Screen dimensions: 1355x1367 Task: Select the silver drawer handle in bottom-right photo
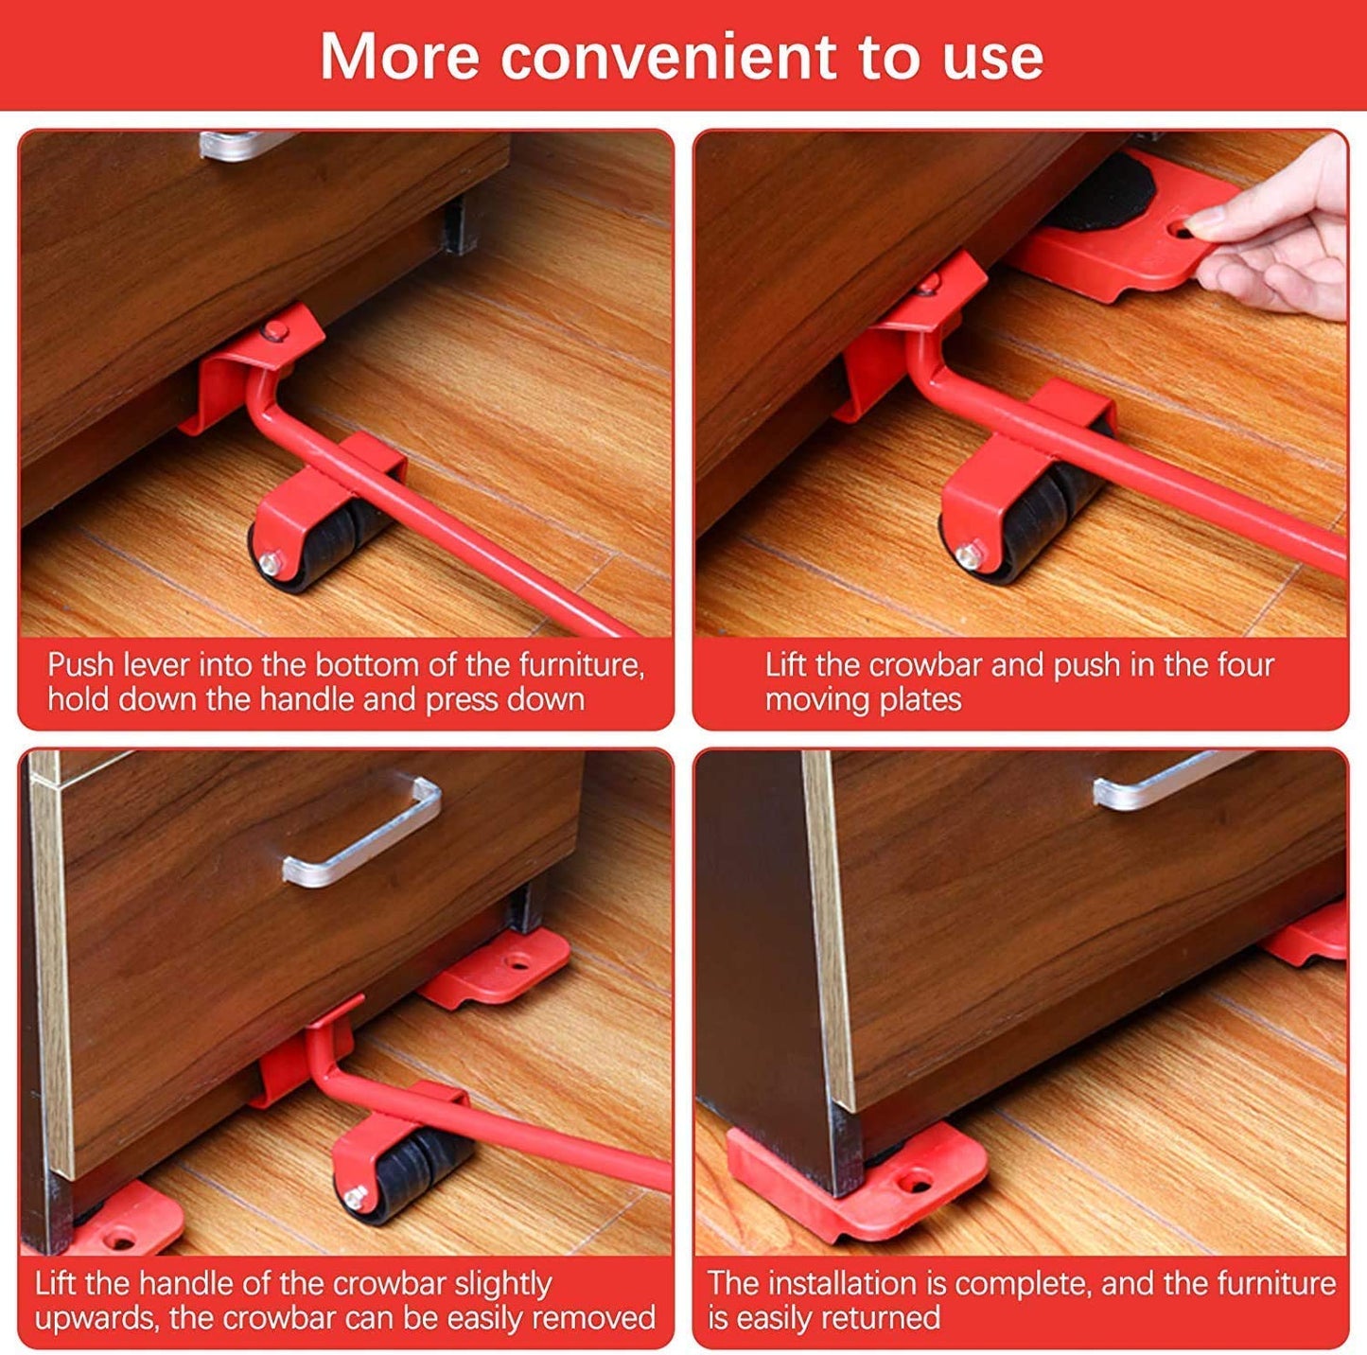[1164, 781]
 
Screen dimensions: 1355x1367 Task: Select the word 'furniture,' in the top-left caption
[581, 665]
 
